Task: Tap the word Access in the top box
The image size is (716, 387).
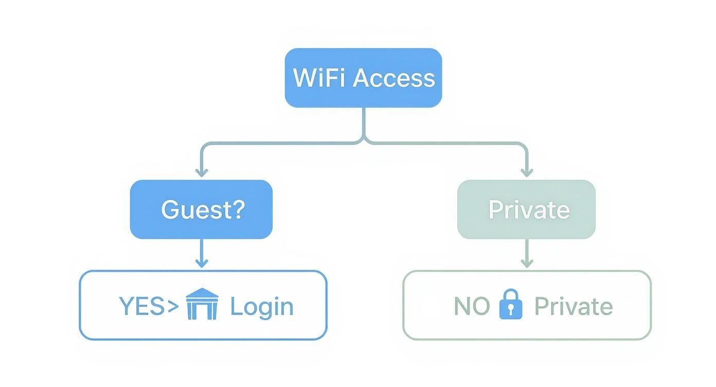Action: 393,78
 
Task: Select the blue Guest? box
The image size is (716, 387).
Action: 201,209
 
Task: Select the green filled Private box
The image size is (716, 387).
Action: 526,209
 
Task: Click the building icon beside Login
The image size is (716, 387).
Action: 202,304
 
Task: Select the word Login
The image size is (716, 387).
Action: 261,307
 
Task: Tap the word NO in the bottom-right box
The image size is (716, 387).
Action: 471,306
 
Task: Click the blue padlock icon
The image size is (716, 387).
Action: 511,304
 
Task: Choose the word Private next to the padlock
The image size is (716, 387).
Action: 573,306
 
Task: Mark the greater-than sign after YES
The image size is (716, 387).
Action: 173,307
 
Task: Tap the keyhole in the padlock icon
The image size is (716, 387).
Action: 511,309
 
